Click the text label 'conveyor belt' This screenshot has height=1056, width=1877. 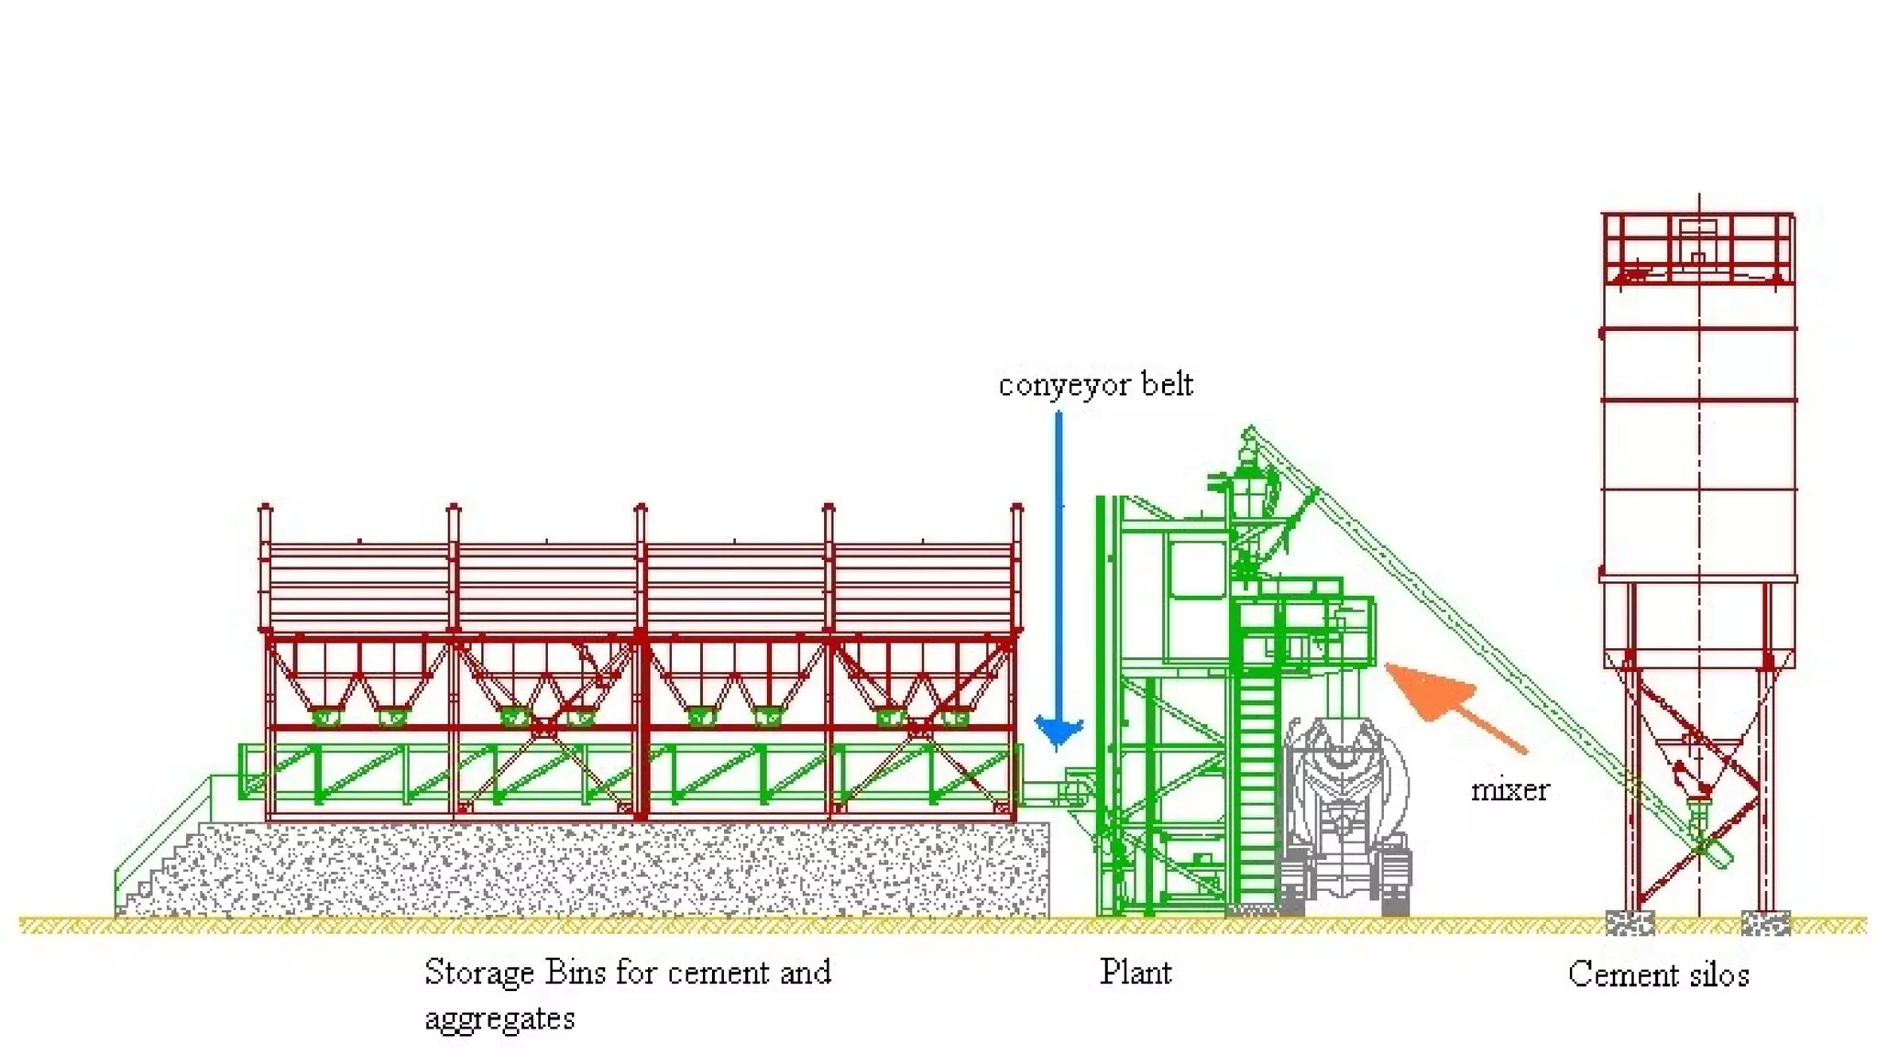[1095, 385]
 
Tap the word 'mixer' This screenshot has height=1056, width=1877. [1509, 790]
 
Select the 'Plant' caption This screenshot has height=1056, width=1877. [1136, 972]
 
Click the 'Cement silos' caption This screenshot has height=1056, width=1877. [1658, 973]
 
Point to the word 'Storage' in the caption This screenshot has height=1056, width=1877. [478, 972]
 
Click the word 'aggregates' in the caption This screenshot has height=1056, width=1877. [499, 1018]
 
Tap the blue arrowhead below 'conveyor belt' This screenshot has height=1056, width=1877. [1059, 732]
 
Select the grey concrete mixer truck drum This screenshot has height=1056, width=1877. [1345, 779]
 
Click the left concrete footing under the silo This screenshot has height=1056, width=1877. [1630, 922]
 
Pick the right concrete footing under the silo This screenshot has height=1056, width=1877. [1765, 922]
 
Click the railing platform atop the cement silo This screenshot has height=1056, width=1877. [1698, 247]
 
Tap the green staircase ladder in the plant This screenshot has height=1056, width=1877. [1257, 779]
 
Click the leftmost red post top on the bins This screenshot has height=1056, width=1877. [266, 508]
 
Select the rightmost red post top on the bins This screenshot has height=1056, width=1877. [1016, 508]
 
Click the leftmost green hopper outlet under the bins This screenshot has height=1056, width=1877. [326, 717]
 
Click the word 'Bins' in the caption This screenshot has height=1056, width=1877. [576, 972]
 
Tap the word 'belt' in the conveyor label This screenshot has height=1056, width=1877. [1167, 385]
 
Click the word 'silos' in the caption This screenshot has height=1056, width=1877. [1716, 973]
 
